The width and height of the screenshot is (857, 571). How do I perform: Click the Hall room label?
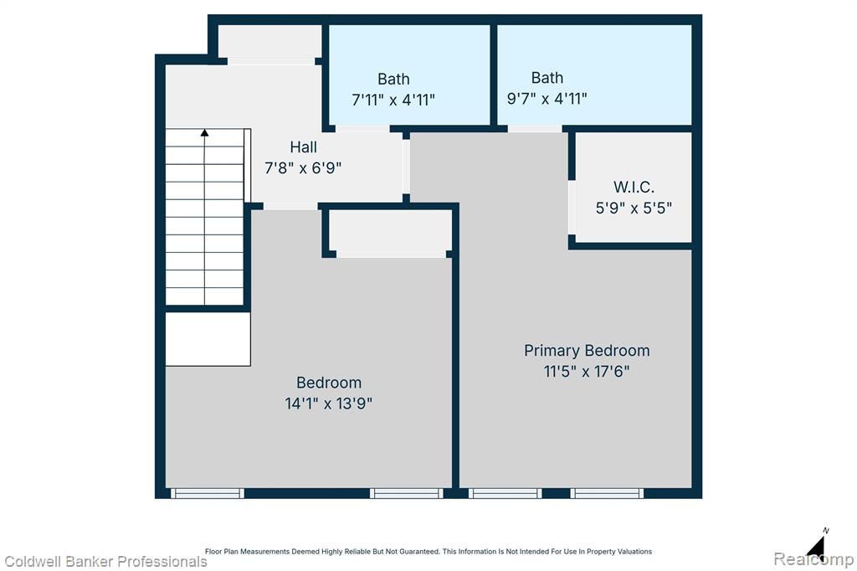tap(303, 147)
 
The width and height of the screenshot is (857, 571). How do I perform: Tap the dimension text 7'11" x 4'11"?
tap(393, 100)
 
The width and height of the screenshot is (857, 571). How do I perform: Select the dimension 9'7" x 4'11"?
tap(547, 99)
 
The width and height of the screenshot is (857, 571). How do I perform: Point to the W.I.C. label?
tap(634, 187)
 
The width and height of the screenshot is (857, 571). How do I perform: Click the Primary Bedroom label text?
tap(587, 351)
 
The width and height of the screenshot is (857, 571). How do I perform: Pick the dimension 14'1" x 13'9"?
tap(328, 404)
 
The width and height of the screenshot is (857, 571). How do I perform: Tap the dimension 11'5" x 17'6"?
tap(587, 372)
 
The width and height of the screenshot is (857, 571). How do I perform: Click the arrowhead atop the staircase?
tap(204, 133)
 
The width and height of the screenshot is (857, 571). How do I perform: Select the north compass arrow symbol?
tap(816, 545)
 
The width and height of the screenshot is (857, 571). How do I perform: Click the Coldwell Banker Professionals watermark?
tap(105, 562)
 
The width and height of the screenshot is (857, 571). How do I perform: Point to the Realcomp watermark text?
tap(813, 559)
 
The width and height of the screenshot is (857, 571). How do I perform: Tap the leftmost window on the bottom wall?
tap(208, 493)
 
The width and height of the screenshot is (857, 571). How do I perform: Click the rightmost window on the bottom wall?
tap(607, 493)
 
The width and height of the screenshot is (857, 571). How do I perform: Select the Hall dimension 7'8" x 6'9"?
tap(303, 168)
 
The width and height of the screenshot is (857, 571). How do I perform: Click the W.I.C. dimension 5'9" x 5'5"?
tap(634, 208)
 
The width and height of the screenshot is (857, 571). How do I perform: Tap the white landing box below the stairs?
tap(208, 339)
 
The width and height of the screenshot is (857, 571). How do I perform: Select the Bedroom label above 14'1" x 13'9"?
tap(328, 383)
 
